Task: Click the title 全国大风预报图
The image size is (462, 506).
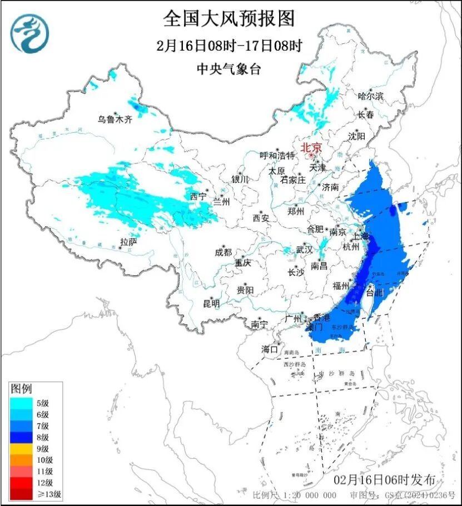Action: [x=228, y=19]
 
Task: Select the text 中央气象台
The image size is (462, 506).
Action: [x=228, y=70]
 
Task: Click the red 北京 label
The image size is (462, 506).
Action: [x=311, y=148]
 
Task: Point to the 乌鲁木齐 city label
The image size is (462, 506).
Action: [x=115, y=119]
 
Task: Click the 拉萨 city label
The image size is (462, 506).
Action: [x=128, y=242]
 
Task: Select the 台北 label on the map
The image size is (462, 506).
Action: [x=375, y=292]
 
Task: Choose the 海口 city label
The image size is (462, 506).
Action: [x=270, y=349]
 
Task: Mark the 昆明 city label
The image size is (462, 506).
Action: [x=211, y=304]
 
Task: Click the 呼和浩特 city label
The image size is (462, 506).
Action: [x=277, y=156]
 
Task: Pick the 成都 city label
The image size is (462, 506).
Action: [x=223, y=252]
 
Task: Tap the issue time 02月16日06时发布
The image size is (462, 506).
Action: [x=384, y=480]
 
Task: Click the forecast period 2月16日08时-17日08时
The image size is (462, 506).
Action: [x=228, y=46]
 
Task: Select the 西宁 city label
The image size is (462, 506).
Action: [x=198, y=196]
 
